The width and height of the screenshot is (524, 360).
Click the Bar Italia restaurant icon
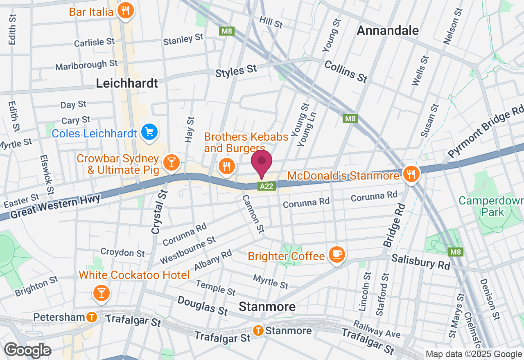(x=125, y=11)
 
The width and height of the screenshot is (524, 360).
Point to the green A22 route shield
(x=268, y=186)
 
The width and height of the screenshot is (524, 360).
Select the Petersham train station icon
(x=92, y=317)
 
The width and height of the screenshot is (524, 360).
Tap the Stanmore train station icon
(x=258, y=330)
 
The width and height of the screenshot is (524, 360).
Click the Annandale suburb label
(x=388, y=30)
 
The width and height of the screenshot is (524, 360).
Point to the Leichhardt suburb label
(x=127, y=83)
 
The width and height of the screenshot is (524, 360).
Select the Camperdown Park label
(x=491, y=207)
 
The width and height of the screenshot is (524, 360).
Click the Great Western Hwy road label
(x=55, y=207)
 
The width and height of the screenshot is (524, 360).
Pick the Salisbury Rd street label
(x=420, y=262)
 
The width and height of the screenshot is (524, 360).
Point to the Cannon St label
(x=253, y=213)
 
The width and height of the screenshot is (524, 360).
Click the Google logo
(x=27, y=350)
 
